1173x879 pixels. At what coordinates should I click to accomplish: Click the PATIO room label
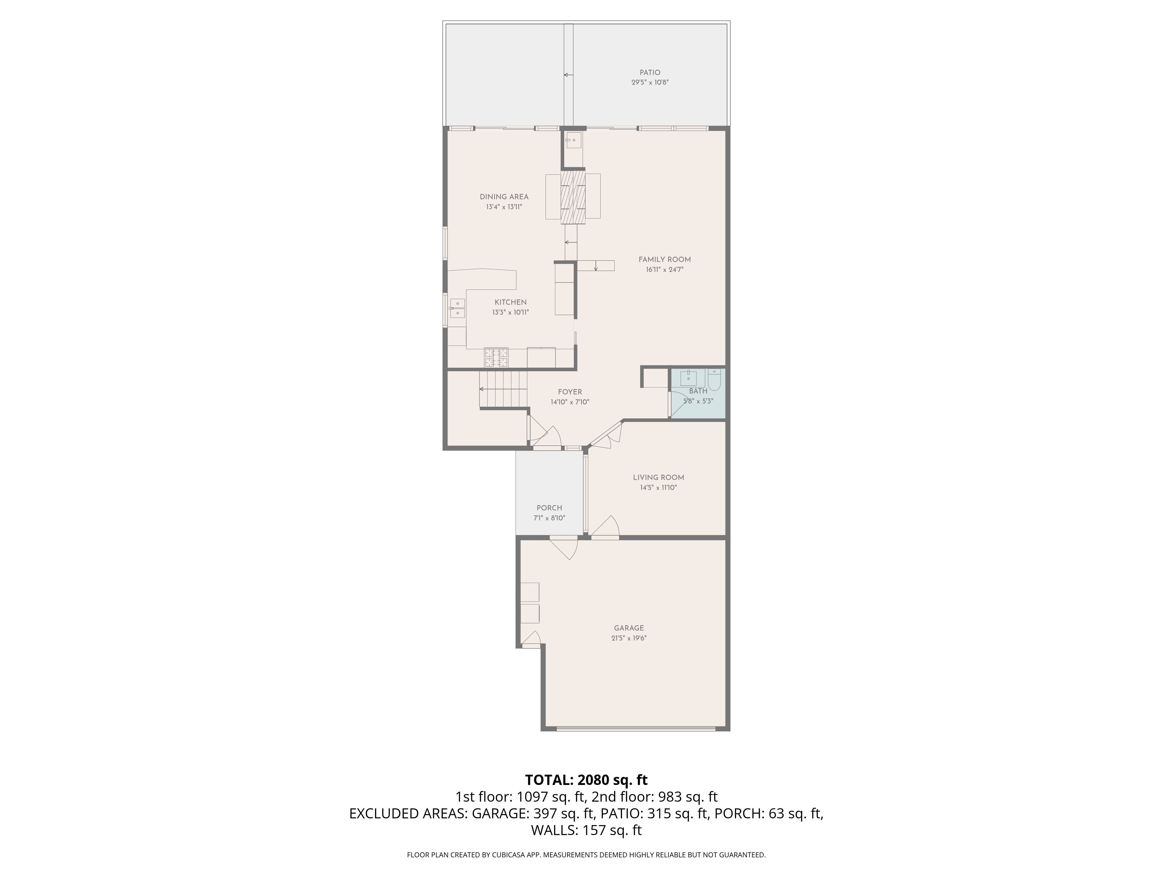(650, 73)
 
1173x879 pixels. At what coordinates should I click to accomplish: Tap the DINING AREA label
(504, 197)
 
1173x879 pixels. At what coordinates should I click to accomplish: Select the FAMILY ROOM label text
(665, 260)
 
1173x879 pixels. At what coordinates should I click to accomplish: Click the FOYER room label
(570, 392)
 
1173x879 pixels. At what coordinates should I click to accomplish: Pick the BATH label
(698, 391)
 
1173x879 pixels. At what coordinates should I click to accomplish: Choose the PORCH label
(549, 507)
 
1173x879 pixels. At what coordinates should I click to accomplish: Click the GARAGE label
(629, 628)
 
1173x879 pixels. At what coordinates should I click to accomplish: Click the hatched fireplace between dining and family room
(573, 196)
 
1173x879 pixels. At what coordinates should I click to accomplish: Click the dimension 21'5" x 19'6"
(629, 638)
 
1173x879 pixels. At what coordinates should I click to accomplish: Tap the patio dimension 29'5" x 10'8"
(650, 83)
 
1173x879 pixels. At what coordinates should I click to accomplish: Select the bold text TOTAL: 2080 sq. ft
(586, 779)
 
